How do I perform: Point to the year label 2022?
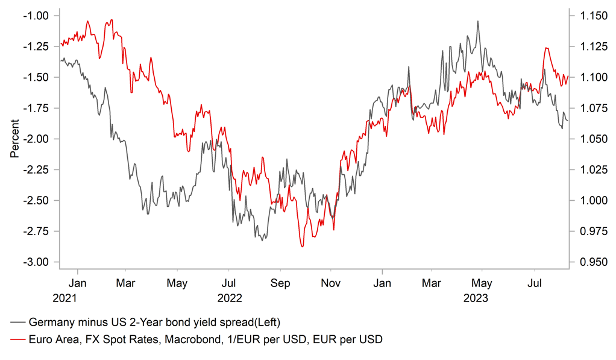(229, 297)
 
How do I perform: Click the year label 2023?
(475, 297)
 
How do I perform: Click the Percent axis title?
(14, 139)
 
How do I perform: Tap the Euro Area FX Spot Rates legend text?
(205, 339)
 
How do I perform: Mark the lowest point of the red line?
(303, 246)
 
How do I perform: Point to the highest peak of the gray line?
(478, 21)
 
